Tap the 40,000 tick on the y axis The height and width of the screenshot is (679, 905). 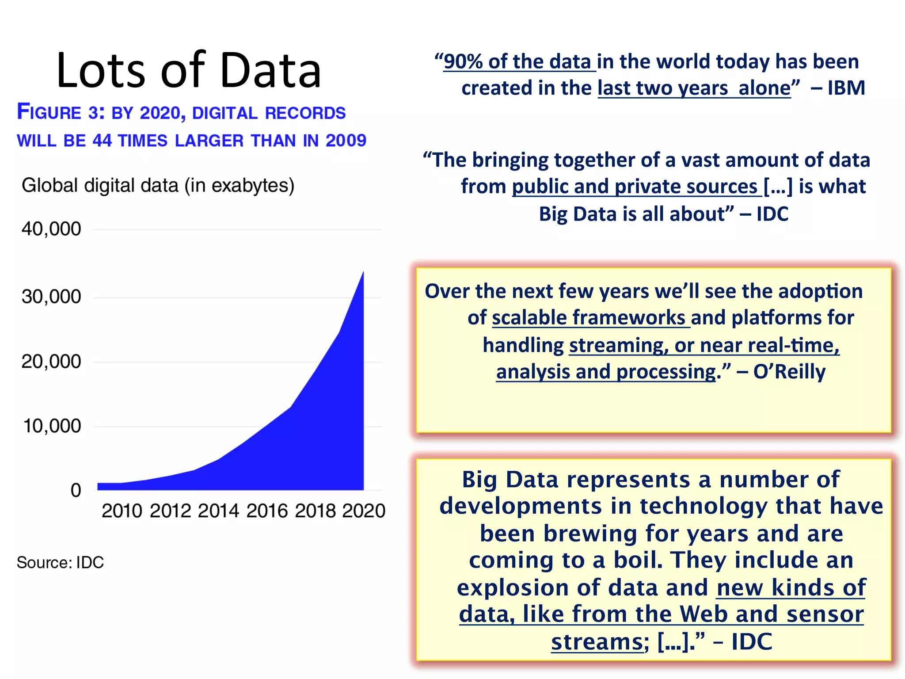[51, 229]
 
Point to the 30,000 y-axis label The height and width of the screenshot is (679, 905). [51, 297]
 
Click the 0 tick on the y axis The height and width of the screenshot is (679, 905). [76, 490]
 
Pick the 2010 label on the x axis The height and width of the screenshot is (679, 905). [122, 511]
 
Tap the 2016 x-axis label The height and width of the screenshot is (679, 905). [266, 511]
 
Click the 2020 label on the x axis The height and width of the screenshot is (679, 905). [363, 511]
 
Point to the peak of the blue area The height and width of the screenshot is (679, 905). [363, 274]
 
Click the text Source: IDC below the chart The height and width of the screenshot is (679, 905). [60, 562]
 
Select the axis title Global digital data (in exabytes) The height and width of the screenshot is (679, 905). [158, 185]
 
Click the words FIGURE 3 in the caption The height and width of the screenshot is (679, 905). [60, 112]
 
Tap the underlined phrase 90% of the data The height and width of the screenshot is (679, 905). [517, 62]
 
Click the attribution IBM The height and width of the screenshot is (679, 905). [846, 88]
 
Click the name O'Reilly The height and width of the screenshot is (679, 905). [789, 372]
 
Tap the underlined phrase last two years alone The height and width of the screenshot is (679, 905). [694, 88]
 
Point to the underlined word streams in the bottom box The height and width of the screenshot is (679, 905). [596, 642]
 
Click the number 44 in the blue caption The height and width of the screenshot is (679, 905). [102, 141]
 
